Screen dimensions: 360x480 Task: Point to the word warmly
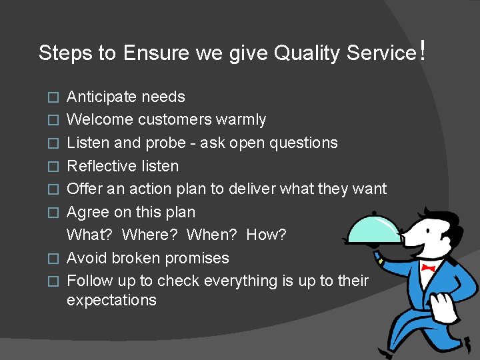[x=241, y=120]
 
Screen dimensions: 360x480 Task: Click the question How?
[x=266, y=235]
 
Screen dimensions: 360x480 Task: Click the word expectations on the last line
[x=111, y=300]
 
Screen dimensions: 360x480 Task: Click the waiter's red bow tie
[x=427, y=268]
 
